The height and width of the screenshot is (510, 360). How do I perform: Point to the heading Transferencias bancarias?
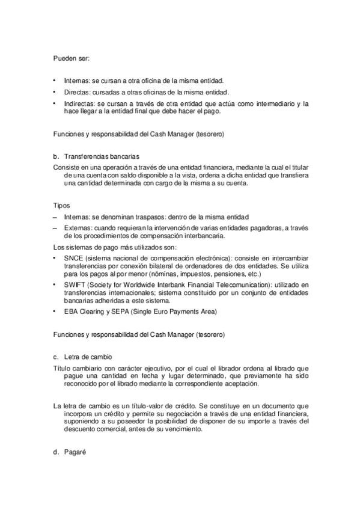pos(102,155)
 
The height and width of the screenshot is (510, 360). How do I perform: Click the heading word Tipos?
pos(62,205)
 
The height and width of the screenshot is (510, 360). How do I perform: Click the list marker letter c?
pos(56,355)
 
